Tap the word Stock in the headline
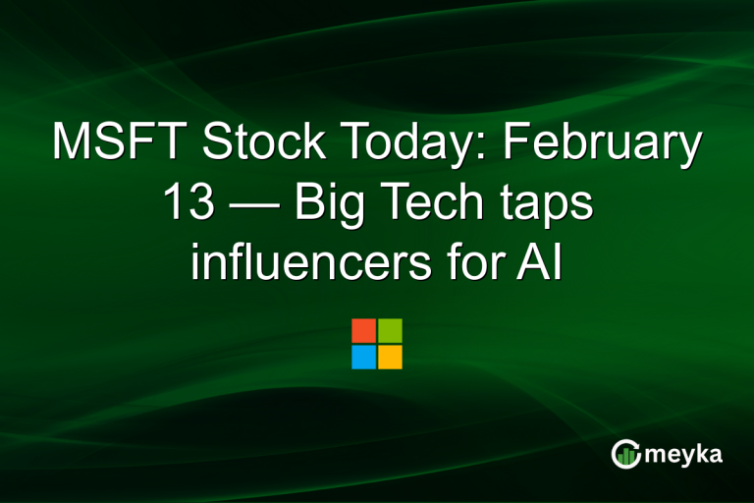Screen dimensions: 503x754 [x=261, y=145]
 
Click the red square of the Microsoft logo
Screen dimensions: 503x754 [x=363, y=330]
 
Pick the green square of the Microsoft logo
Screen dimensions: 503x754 [x=391, y=330]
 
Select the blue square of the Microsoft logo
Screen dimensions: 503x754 [x=363, y=357]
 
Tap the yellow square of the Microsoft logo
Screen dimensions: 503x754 [x=391, y=357]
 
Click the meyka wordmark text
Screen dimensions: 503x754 [x=684, y=455]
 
